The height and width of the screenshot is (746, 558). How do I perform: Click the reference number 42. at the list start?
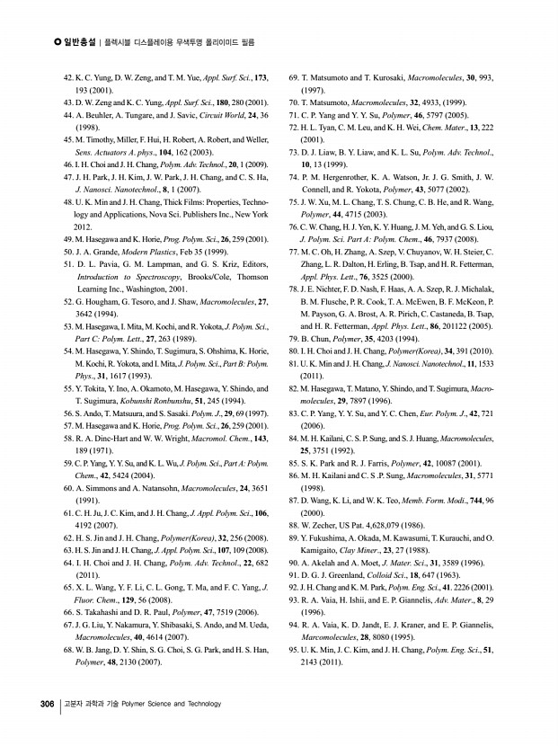pyautogui.click(x=70, y=80)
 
